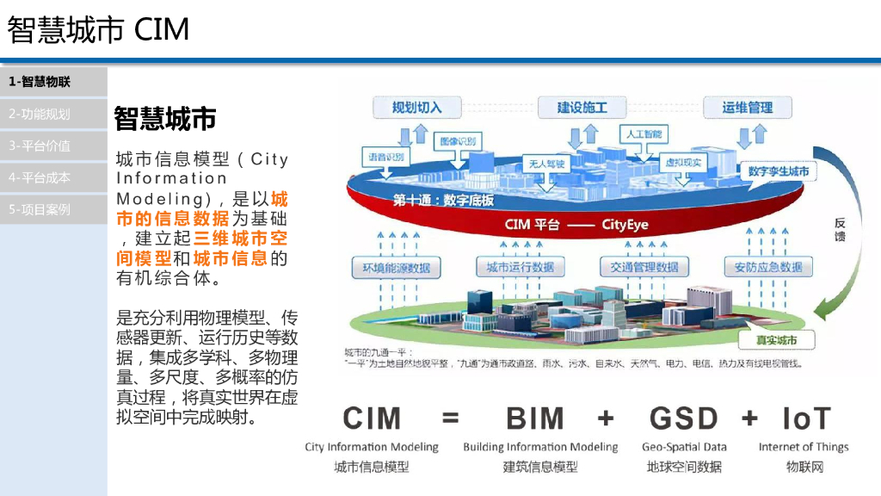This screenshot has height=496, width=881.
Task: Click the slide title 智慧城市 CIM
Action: pos(98,30)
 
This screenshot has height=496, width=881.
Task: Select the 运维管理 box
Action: pos(747,108)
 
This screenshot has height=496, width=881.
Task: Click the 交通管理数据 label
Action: pos(644,268)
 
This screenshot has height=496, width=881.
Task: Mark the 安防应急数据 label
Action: pos(767,268)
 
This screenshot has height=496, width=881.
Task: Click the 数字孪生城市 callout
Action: pos(778,171)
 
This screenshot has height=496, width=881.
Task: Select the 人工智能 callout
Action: pos(644,135)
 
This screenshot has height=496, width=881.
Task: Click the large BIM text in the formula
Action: pos(535,418)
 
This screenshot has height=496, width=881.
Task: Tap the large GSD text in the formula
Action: pos(683,418)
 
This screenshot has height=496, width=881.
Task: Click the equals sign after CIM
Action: pos(451,419)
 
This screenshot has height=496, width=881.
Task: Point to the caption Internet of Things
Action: pos(804,447)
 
